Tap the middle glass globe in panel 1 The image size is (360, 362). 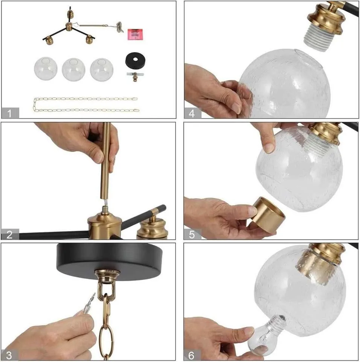pos(74,69)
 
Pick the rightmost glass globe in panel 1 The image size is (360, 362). pos(102,69)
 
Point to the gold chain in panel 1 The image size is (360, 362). pos(86,104)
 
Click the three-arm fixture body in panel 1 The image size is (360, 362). pos(69,30)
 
